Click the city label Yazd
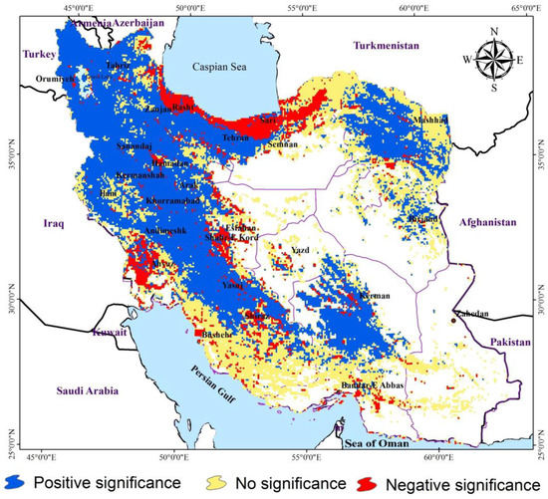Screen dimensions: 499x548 [x=301, y=250]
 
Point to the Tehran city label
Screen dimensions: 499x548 [x=237, y=137]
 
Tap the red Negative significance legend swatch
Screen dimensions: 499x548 [x=368, y=483]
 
